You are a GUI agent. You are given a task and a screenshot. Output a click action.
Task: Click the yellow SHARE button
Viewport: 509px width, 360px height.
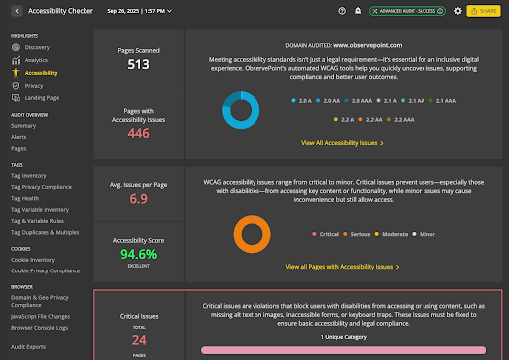pyautogui.click(x=486, y=10)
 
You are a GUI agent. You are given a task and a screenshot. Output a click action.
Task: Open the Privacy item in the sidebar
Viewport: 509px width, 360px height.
pyautogui.click(x=33, y=86)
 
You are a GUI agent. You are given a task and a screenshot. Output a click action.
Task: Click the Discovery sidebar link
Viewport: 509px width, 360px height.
pyautogui.click(x=37, y=47)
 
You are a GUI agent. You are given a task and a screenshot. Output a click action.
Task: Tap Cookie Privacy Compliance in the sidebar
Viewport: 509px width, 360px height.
pyautogui.click(x=46, y=270)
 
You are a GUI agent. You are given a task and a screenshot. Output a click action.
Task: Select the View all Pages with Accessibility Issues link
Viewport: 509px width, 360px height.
pyautogui.click(x=341, y=267)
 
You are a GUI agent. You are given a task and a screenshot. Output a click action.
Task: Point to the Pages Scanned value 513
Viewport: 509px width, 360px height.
pyautogui.click(x=138, y=65)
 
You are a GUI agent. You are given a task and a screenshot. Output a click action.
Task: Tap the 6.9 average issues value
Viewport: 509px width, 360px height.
pyautogui.click(x=138, y=198)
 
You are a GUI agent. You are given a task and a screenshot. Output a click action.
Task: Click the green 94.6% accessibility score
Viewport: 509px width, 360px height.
pyautogui.click(x=138, y=253)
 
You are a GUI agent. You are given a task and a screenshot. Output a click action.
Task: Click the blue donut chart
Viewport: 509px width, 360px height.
pyautogui.click(x=243, y=111)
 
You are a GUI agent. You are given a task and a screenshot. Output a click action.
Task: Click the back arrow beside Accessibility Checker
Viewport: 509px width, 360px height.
pyautogui.click(x=18, y=10)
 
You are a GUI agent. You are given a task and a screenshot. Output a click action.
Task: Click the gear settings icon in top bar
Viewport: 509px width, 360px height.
pyautogui.click(x=457, y=10)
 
